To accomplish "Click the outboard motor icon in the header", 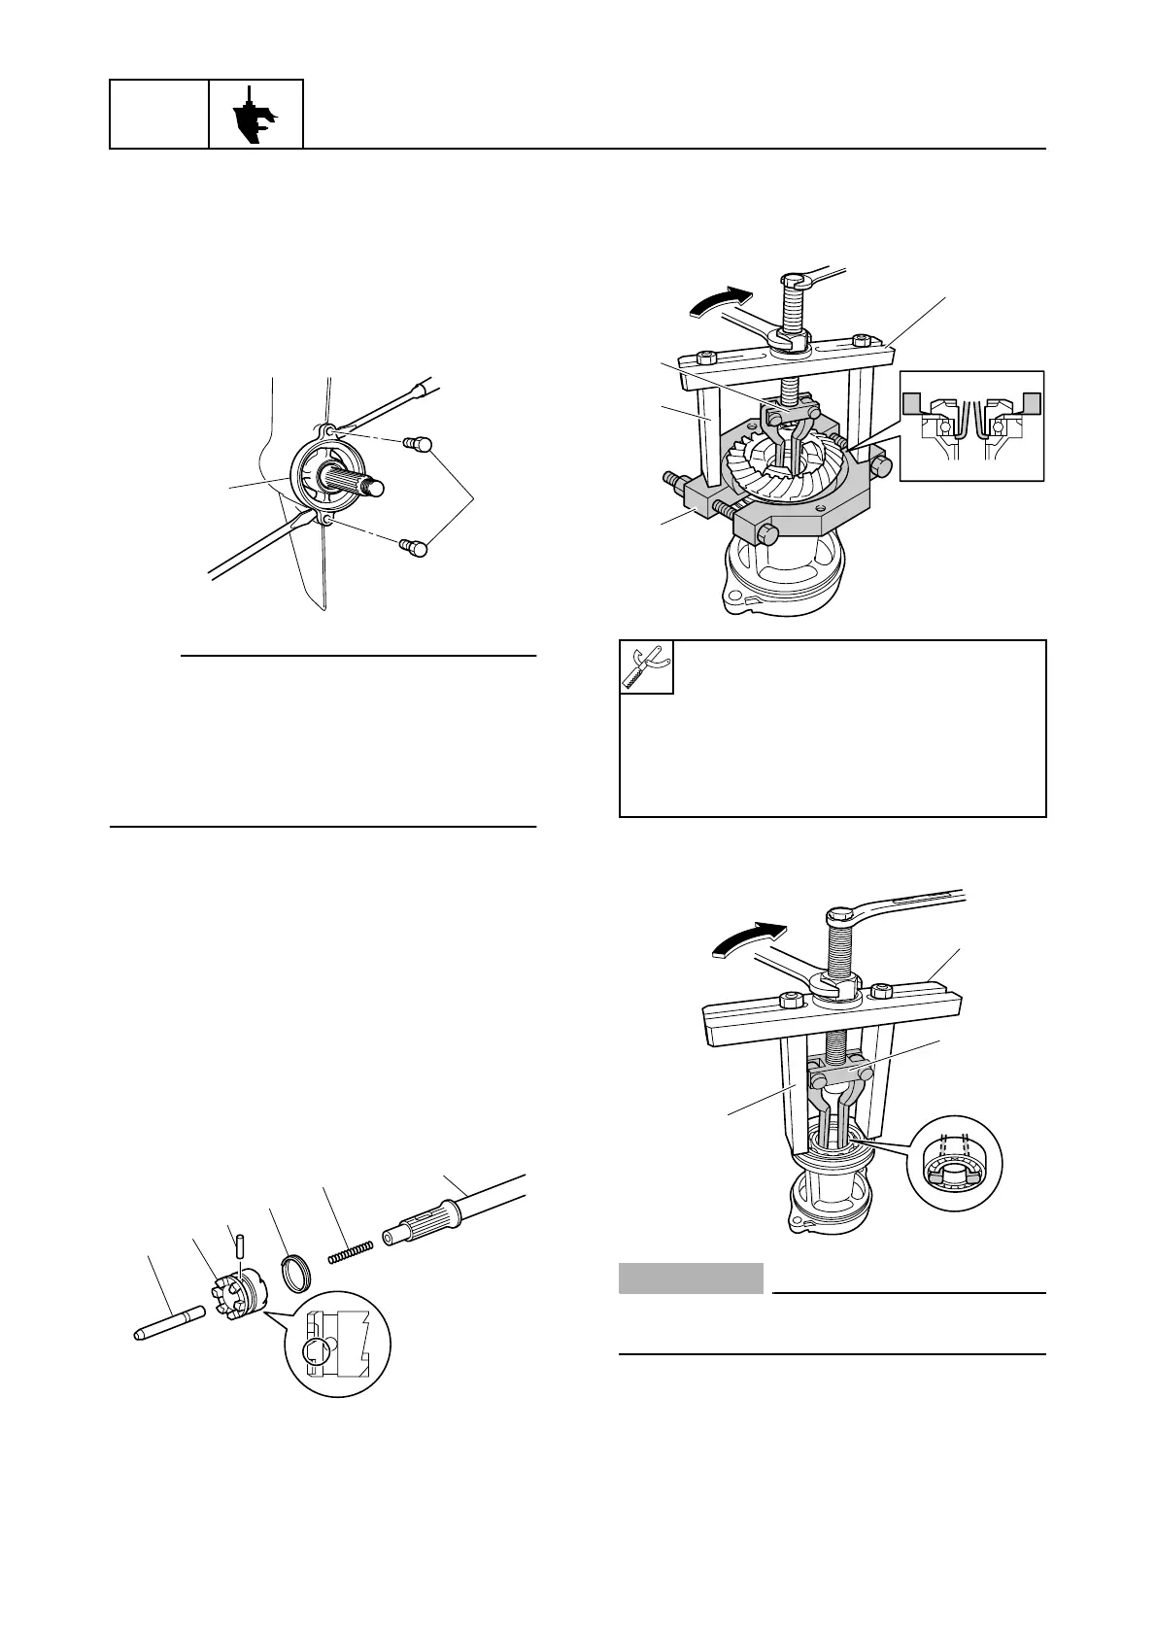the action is [x=256, y=115].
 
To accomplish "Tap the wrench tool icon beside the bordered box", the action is [x=646, y=666].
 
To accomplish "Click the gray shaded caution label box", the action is [x=691, y=1278].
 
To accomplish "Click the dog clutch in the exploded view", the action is [x=239, y=1291].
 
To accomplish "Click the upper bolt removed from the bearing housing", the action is [x=418, y=444].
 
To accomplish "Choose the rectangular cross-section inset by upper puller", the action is [x=971, y=426].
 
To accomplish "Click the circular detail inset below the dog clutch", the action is [x=337, y=1346].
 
